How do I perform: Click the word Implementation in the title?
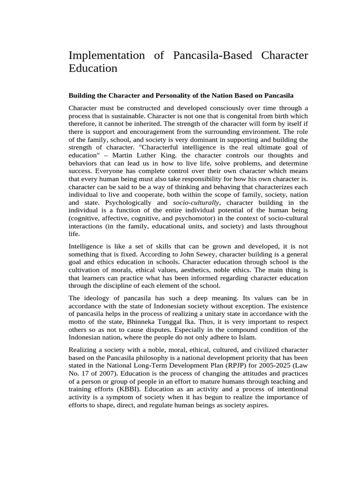107,55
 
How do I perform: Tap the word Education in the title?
93,68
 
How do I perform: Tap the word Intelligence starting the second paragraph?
87,246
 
